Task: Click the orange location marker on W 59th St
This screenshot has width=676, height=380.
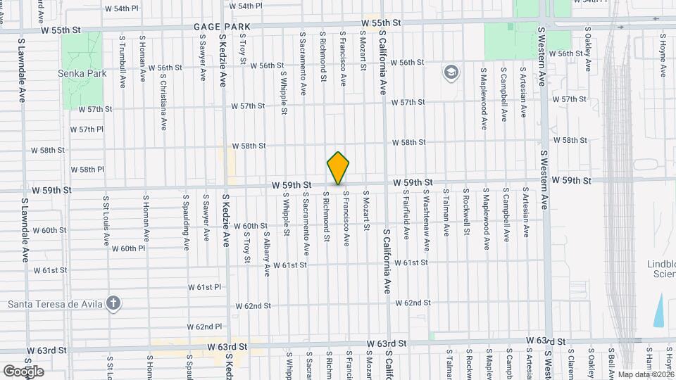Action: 338,168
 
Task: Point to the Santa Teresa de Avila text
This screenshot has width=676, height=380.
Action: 55,304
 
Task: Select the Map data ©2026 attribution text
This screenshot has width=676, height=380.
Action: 644,374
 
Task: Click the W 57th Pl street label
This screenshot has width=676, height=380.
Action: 87,129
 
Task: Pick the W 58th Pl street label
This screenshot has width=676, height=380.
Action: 87,170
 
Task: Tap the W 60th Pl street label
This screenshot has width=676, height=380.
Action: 127,249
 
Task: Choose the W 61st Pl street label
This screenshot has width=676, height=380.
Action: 204,287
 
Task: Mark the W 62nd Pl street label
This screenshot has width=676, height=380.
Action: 205,327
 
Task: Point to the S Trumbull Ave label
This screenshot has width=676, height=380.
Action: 123,65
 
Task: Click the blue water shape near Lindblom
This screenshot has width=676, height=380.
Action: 659,309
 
